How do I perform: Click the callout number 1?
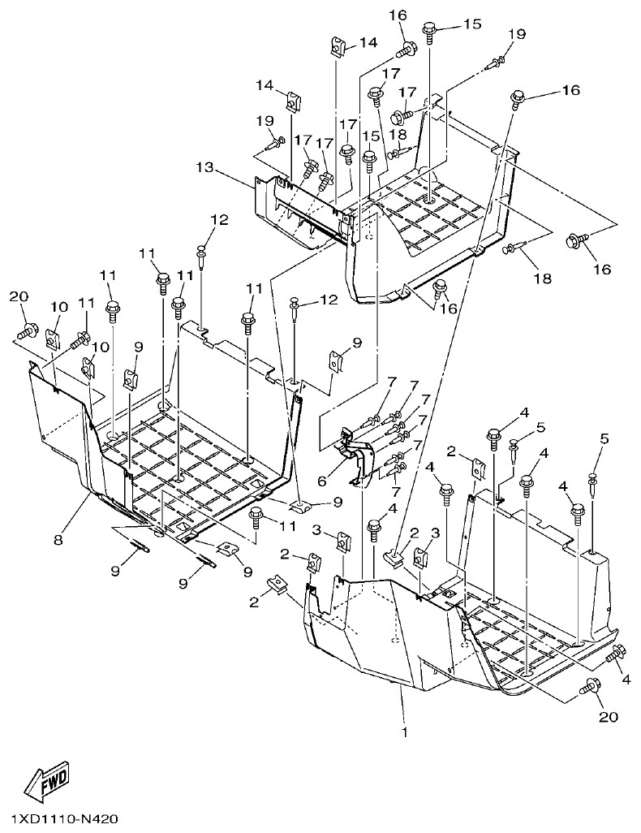(x=403, y=731)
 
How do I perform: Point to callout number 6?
(x=322, y=481)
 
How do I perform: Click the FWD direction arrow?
(x=47, y=780)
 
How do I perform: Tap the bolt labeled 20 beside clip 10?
(x=27, y=330)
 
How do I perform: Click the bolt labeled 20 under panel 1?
(x=590, y=687)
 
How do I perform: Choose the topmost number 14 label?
(x=368, y=41)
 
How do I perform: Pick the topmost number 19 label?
(x=518, y=34)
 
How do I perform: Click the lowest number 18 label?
(x=542, y=278)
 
